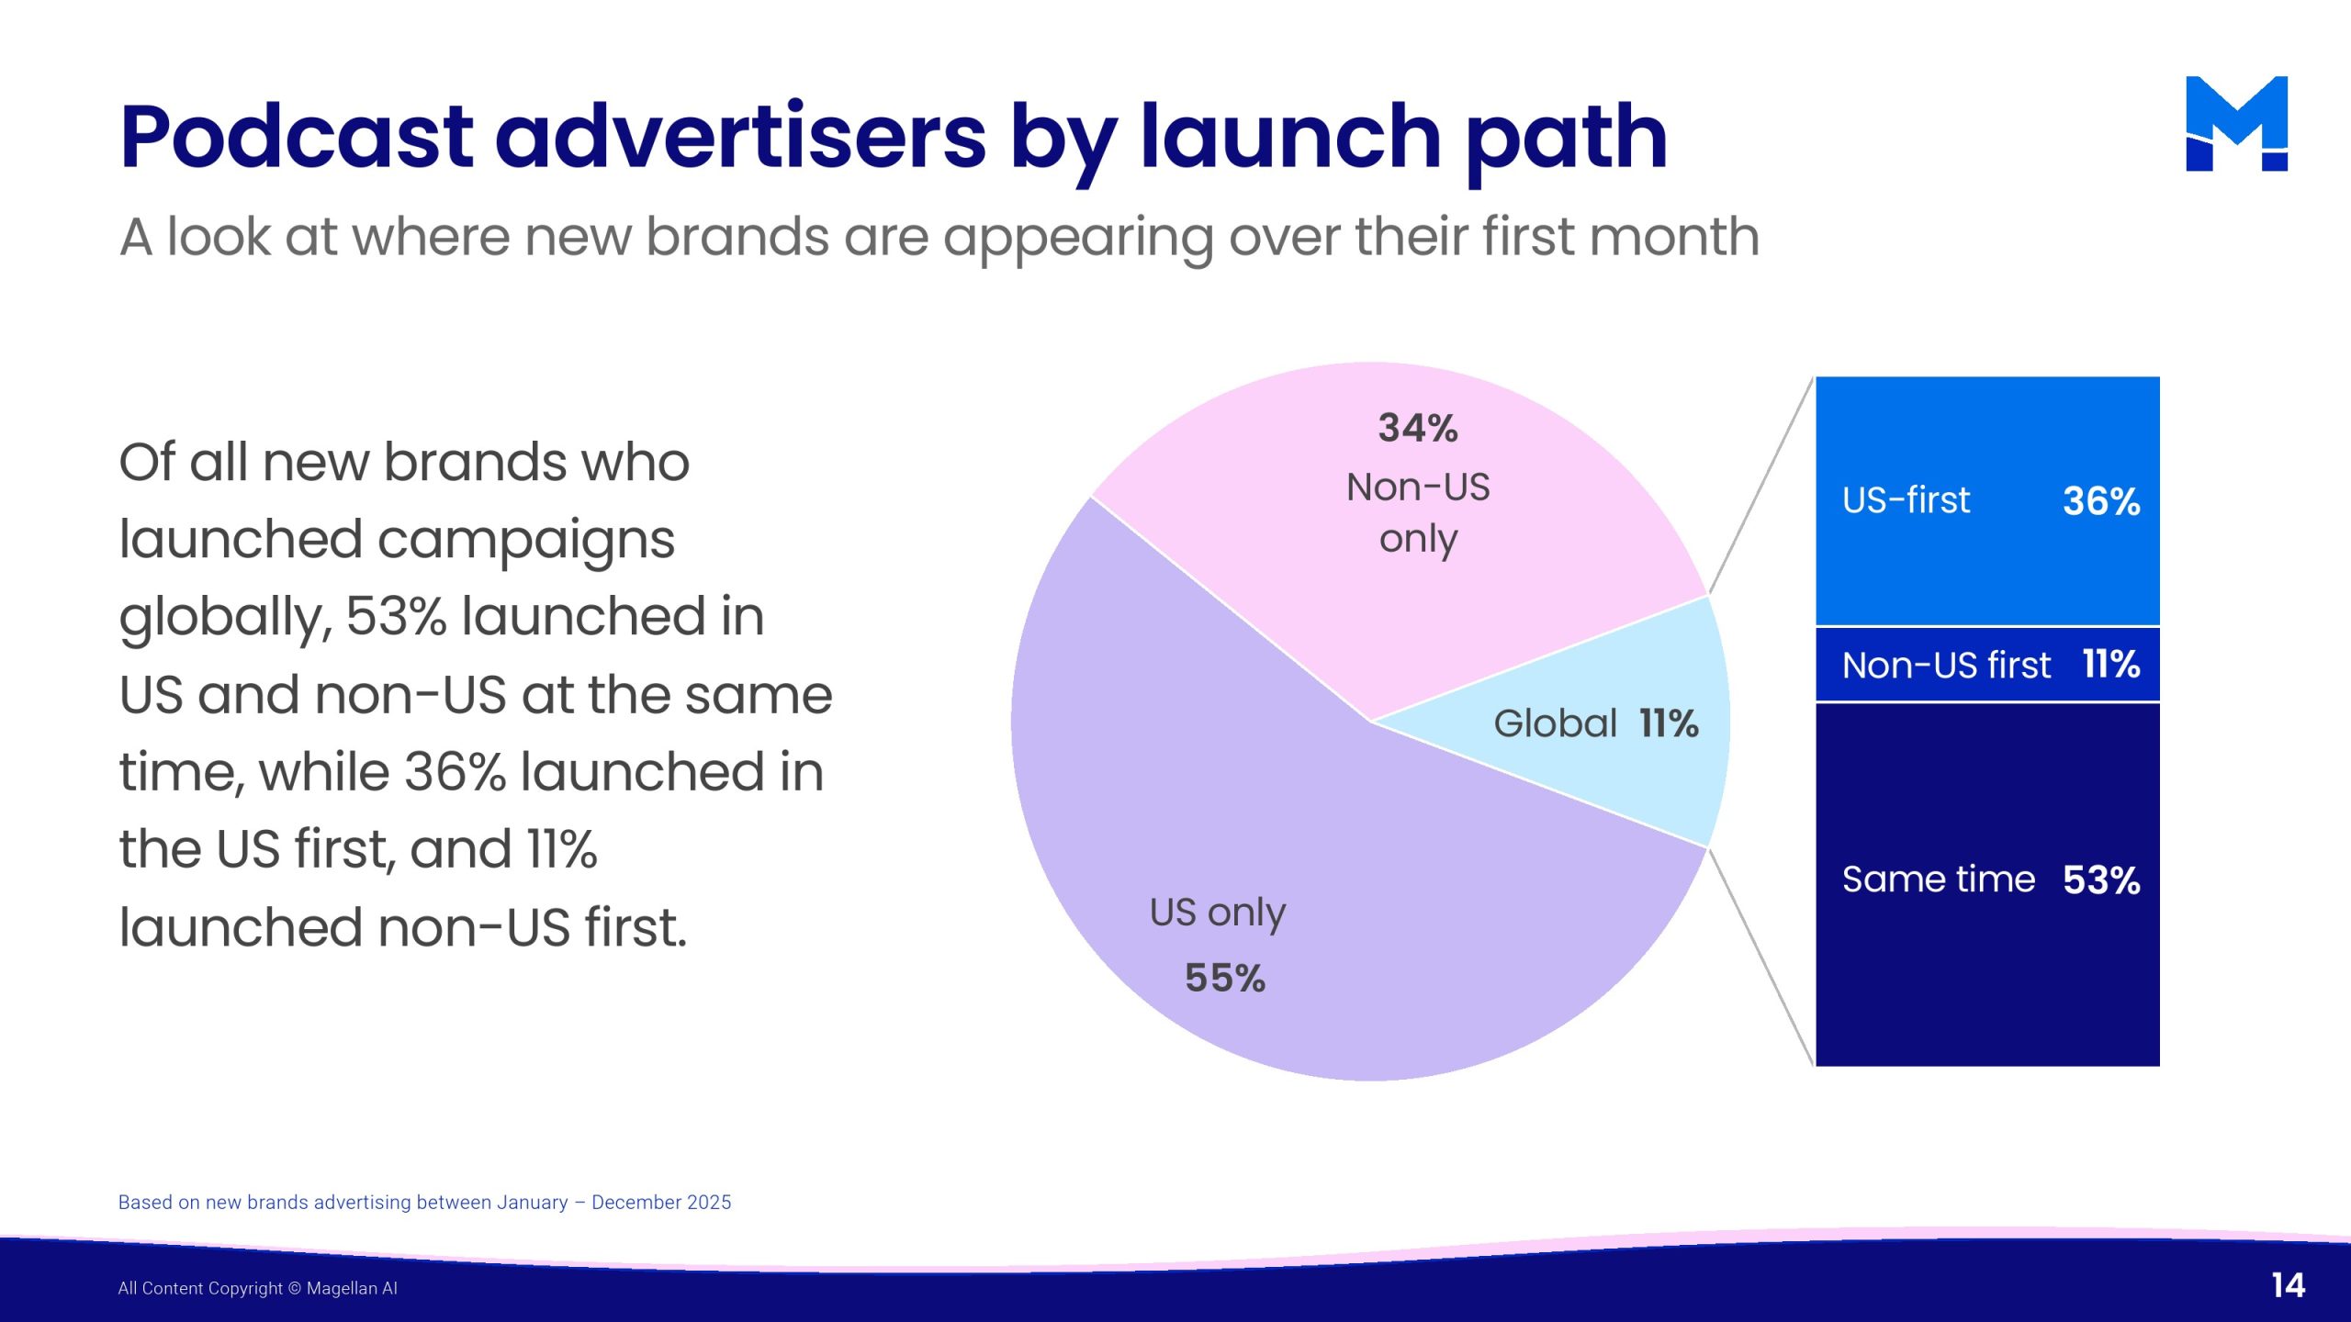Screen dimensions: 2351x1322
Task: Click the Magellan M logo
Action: pyautogui.click(x=2236, y=123)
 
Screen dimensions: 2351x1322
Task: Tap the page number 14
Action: pyautogui.click(x=2288, y=1285)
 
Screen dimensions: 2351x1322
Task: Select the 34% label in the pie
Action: pyautogui.click(x=1418, y=428)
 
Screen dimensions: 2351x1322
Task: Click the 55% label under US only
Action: pyautogui.click(x=1225, y=978)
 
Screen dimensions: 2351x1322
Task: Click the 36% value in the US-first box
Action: pyautogui.click(x=2101, y=501)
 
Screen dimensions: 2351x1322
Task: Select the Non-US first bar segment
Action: pyautogui.click(x=1987, y=665)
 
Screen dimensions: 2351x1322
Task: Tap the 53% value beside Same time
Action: pyautogui.click(x=2101, y=880)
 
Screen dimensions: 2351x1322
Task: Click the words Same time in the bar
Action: pyautogui.click(x=1939, y=879)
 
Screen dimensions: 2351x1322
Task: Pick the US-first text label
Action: pyautogui.click(x=1907, y=500)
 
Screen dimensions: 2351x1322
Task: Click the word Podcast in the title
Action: pyautogui.click(x=297, y=138)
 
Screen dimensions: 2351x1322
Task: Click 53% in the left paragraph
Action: pyautogui.click(x=397, y=616)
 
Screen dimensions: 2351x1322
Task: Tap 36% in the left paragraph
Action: pyautogui.click(x=456, y=771)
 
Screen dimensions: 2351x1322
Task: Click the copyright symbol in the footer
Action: pyautogui.click(x=295, y=1288)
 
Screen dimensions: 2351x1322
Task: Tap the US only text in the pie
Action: pyautogui.click(x=1218, y=913)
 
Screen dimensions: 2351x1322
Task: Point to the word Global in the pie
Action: pyautogui.click(x=1555, y=723)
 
